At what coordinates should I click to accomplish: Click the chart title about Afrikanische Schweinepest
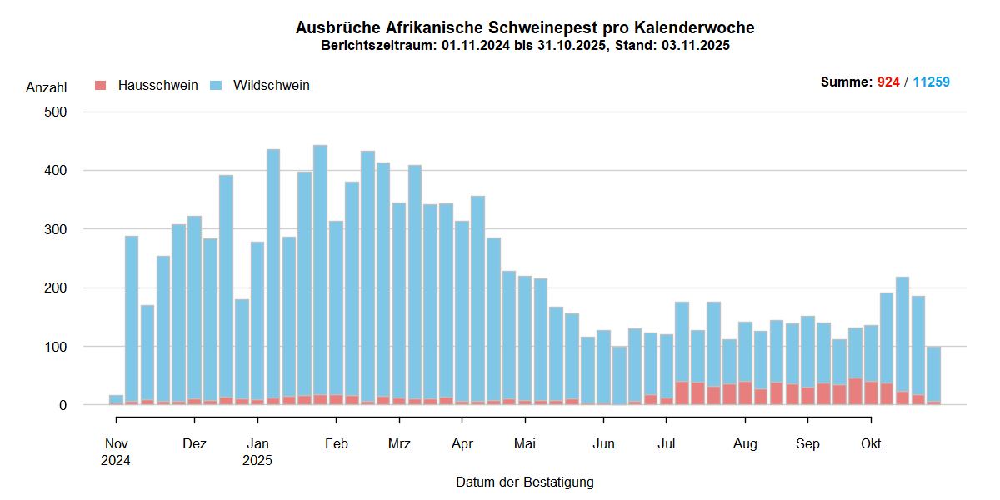click(525, 27)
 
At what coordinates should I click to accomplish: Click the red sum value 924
click(888, 82)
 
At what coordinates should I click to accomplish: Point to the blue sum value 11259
click(931, 82)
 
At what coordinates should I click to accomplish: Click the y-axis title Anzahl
click(47, 87)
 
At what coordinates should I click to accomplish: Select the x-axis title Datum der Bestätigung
click(525, 482)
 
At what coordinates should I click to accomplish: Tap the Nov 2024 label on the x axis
click(117, 451)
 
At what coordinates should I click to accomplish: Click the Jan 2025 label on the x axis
click(257, 451)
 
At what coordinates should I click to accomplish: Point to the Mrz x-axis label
click(399, 443)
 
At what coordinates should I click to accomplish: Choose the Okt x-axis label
click(871, 443)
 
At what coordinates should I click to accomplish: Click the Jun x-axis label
click(603, 443)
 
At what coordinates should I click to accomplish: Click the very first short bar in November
click(116, 400)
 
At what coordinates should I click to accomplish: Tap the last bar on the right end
click(933, 375)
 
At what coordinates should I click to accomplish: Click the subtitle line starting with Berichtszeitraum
click(525, 46)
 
